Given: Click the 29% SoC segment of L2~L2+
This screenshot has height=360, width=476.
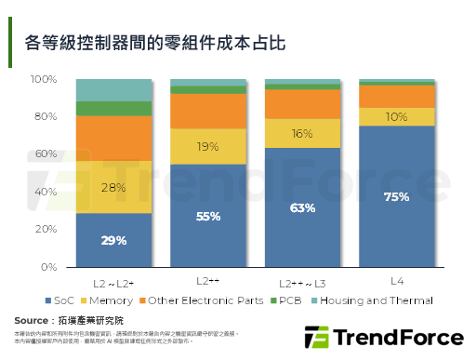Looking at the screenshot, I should (113, 240).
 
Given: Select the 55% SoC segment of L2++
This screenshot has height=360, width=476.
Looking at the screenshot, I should (208, 216).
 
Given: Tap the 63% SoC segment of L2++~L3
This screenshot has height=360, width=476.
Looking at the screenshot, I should (302, 207).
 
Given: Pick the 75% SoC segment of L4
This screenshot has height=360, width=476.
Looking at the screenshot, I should (397, 196).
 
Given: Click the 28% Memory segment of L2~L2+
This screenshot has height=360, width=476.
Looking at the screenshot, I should (113, 186).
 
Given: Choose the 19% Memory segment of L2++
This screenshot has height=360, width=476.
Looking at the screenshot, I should (208, 146).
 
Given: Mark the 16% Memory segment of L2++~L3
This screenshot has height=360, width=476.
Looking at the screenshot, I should (302, 133).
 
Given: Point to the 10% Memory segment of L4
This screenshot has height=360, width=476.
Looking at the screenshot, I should (397, 116).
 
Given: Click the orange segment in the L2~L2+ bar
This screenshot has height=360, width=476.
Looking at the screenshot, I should (113, 138).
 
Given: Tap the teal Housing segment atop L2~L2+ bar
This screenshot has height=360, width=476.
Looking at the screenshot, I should (113, 90).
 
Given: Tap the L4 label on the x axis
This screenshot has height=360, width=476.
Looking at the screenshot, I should (397, 280).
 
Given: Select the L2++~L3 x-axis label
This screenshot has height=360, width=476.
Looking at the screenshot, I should (302, 281).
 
